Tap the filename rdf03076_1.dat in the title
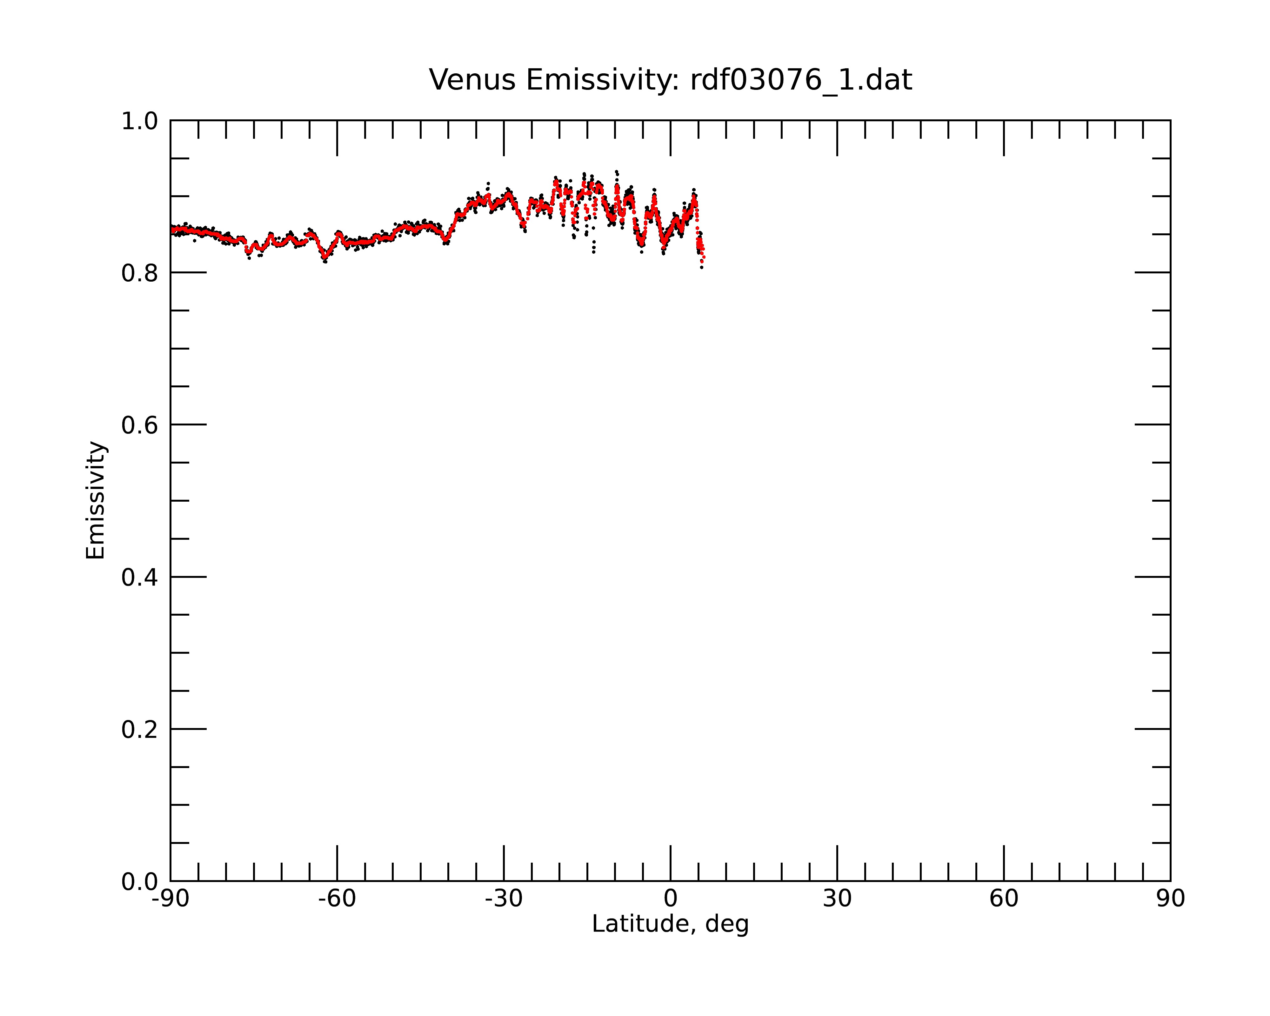point(801,80)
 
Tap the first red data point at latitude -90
point(171,229)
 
